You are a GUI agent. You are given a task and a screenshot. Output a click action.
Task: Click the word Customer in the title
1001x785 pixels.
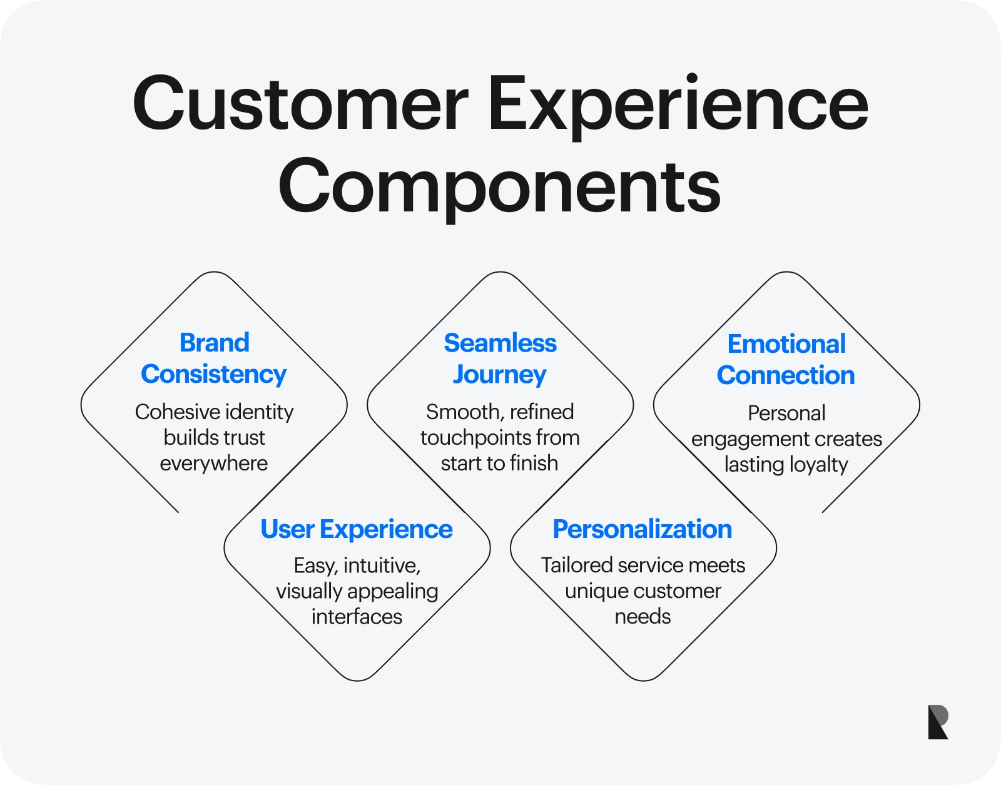[x=300, y=103]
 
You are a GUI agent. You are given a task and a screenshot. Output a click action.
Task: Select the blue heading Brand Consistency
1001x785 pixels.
[x=214, y=358]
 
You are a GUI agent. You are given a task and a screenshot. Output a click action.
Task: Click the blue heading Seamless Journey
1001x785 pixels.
[x=500, y=358]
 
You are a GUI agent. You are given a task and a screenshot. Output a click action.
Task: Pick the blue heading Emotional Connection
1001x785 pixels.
[x=786, y=360]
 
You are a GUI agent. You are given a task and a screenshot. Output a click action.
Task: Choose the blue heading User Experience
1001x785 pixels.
[x=356, y=529]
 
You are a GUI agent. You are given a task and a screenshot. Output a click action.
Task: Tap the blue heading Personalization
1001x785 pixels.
[x=642, y=529]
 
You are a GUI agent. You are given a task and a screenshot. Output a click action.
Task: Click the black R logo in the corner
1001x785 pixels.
[x=938, y=722]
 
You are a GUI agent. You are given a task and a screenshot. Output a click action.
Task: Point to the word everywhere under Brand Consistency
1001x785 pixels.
[x=213, y=463]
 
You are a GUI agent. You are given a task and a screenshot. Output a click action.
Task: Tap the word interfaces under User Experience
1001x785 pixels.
[x=357, y=617]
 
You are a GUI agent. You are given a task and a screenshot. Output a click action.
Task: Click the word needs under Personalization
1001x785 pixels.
[x=643, y=617]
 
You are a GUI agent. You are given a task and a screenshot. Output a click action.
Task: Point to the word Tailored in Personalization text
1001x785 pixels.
[x=576, y=565]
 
